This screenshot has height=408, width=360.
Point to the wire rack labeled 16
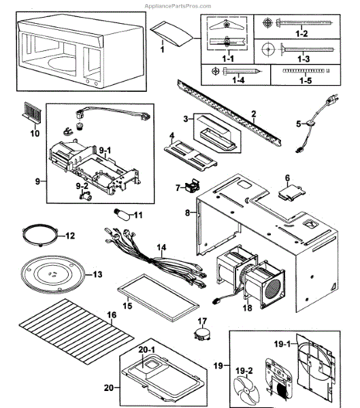tap(67, 326)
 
